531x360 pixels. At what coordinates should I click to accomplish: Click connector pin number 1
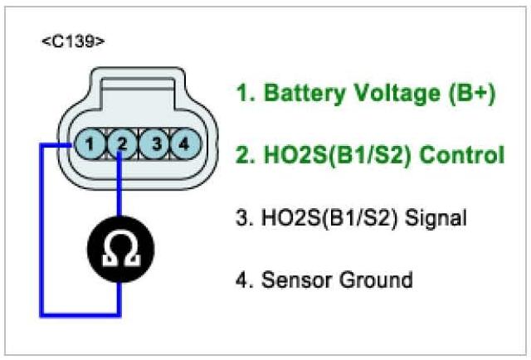(93, 144)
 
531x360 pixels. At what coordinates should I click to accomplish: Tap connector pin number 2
(123, 144)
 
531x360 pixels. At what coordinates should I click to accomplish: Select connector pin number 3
(153, 144)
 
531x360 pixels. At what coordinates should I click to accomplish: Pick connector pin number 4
(183, 144)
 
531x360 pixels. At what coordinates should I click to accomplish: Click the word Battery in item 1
(290, 95)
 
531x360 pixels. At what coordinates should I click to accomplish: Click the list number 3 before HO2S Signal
(241, 219)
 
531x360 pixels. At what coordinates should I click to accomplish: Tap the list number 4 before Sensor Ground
(241, 280)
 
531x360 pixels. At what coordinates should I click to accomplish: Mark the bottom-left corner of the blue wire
(41, 314)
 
